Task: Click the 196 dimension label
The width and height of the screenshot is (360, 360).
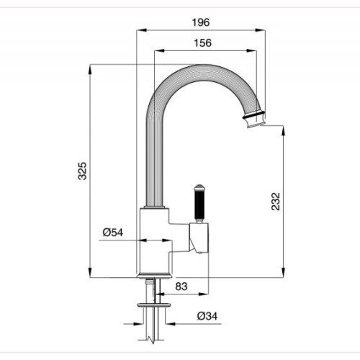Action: pyautogui.click(x=201, y=22)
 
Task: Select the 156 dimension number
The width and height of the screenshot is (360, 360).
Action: pyautogui.click(x=203, y=43)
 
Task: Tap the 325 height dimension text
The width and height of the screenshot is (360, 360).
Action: pyautogui.click(x=83, y=171)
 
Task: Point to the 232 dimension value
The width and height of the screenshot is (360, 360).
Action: pyautogui.click(x=276, y=202)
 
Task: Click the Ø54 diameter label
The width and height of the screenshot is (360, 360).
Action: pyautogui.click(x=113, y=233)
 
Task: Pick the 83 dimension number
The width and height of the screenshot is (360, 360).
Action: pyautogui.click(x=181, y=287)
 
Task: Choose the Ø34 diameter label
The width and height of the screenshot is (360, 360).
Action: pyautogui.click(x=207, y=316)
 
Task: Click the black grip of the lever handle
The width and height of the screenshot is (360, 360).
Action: pyautogui.click(x=199, y=205)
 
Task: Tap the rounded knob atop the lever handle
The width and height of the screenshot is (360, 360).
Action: pyautogui.click(x=199, y=187)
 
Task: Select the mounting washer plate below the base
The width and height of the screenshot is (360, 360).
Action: pyautogui.click(x=154, y=305)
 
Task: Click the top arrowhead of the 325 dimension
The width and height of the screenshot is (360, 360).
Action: pyautogui.click(x=90, y=70)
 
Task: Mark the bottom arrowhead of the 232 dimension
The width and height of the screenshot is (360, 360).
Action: pyautogui.click(x=284, y=272)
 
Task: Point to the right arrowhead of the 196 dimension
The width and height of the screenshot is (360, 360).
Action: pyautogui.click(x=260, y=30)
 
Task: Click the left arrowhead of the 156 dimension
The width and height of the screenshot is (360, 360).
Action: pyautogui.click(x=160, y=50)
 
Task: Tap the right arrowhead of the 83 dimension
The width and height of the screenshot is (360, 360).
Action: pyautogui.click(x=203, y=294)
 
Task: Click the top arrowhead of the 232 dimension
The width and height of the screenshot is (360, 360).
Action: pyautogui.click(x=284, y=131)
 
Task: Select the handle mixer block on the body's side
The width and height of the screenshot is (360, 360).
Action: pyautogui.click(x=199, y=238)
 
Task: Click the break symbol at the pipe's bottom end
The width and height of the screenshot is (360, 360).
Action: pyautogui.click(x=152, y=340)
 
